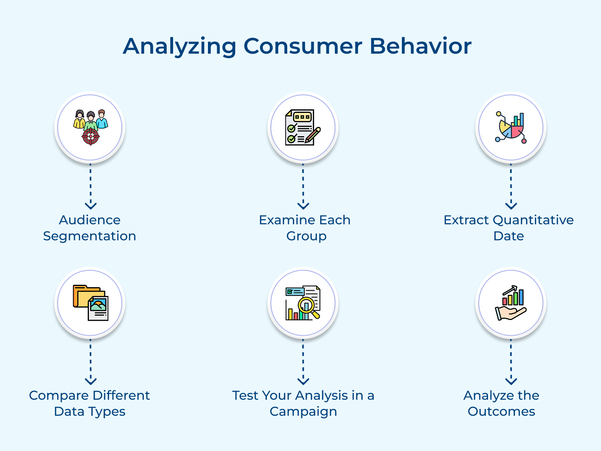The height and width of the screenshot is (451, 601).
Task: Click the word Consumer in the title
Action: pos(303,46)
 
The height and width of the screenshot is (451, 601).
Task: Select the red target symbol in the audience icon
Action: pos(91,137)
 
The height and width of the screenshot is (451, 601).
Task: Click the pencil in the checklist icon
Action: pos(313,135)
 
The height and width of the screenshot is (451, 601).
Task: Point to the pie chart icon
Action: pos(510,128)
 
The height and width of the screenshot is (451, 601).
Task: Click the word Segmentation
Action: pos(89,236)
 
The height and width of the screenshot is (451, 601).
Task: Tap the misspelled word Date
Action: pos(508,236)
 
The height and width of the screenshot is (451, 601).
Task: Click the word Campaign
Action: pos(303,411)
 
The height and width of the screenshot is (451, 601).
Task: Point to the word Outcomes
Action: pos(501,411)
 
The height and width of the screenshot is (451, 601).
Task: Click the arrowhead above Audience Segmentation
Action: pos(91,206)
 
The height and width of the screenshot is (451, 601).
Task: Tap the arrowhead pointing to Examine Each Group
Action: pos(303,206)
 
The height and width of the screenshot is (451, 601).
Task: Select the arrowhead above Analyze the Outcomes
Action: pos(511,381)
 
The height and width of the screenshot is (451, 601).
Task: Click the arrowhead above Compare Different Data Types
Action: pos(91,381)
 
